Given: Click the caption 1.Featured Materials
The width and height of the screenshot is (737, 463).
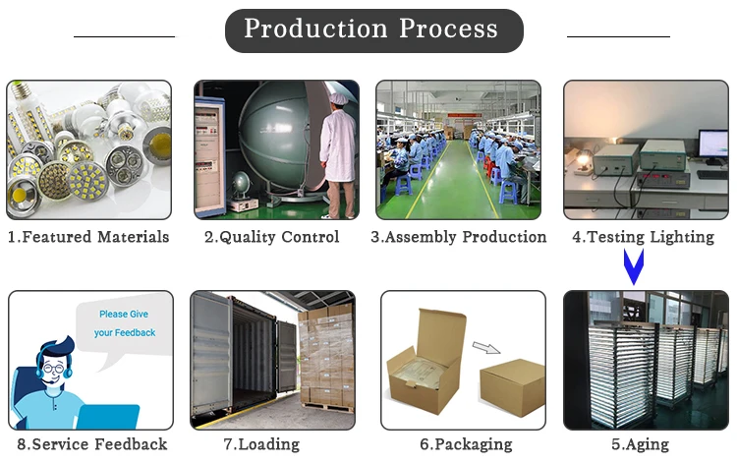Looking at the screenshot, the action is click(x=88, y=237).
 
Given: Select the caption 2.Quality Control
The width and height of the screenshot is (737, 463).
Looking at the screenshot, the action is click(x=271, y=237).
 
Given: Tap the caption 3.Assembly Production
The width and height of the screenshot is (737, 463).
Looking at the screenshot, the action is click(x=458, y=237).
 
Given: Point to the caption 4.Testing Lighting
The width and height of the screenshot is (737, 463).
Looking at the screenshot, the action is click(x=644, y=237).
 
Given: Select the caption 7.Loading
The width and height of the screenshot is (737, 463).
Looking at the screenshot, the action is click(x=272, y=444).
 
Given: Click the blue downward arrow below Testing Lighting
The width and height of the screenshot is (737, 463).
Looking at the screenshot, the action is click(x=635, y=266).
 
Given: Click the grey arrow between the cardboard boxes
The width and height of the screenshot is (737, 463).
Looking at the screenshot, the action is click(x=484, y=348).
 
